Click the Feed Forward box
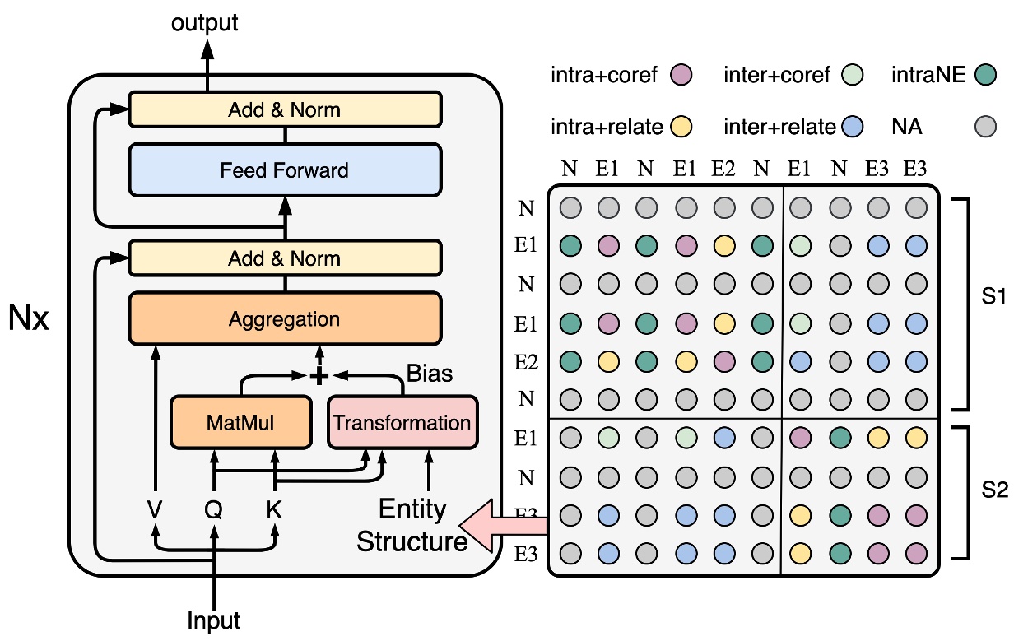tap(285, 170)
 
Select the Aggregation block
tap(285, 318)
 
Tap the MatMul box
tap(240, 423)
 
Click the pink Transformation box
tap(402, 423)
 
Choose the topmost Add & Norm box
tap(285, 109)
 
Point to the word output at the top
tap(205, 22)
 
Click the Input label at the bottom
tap(214, 620)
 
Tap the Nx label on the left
tap(30, 318)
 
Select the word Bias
tap(429, 373)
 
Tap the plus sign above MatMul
tap(318, 375)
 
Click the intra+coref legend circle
tap(681, 76)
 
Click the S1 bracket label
tap(994, 297)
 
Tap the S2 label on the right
tap(994, 490)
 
